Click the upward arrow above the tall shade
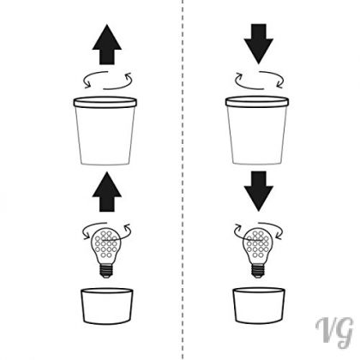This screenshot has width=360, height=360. click(107, 45)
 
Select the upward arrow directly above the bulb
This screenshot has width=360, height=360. click(107, 192)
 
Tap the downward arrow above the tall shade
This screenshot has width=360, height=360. click(259, 44)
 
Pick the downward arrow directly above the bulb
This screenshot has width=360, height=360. click(259, 191)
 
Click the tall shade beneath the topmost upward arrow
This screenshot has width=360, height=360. click(105, 131)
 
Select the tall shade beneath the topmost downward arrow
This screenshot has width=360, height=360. click(257, 130)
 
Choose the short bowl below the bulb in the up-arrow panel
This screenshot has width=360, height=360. click(107, 306)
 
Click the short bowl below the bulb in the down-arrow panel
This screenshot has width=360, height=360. click(259, 305)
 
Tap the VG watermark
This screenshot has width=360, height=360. click(334, 332)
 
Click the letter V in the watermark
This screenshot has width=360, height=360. click(325, 329)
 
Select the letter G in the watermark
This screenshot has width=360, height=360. click(345, 333)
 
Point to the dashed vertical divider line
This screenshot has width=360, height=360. click(183, 180)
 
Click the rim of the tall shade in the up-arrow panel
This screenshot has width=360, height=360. click(105, 102)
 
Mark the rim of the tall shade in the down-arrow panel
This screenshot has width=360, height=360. click(257, 102)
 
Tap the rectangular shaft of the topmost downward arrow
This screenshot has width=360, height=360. click(259, 31)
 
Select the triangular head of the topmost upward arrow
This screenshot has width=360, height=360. click(107, 38)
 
